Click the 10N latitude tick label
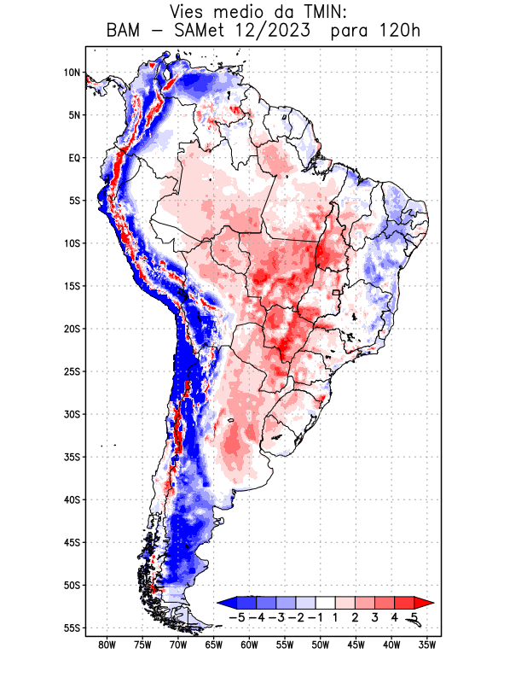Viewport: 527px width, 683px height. tap(71, 73)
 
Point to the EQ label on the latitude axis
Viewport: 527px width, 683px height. tap(73, 158)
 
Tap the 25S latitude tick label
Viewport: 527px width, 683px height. tap(71, 371)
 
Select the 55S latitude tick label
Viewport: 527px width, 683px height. tap(71, 628)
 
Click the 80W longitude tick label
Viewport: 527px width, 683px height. tap(107, 645)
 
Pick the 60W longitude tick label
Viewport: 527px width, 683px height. tap(249, 645)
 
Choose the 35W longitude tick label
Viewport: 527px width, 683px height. tap(427, 645)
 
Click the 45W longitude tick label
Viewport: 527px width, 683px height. tap(356, 645)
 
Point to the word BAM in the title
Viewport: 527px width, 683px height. tap(125, 32)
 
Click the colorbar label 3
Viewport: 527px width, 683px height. tap(375, 616)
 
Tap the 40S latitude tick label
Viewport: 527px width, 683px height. tap(71, 499)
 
